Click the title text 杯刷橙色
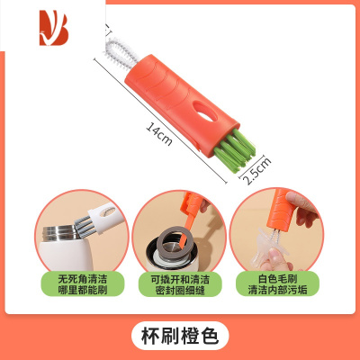tap(180, 335)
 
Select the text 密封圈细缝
tap(180, 292)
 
